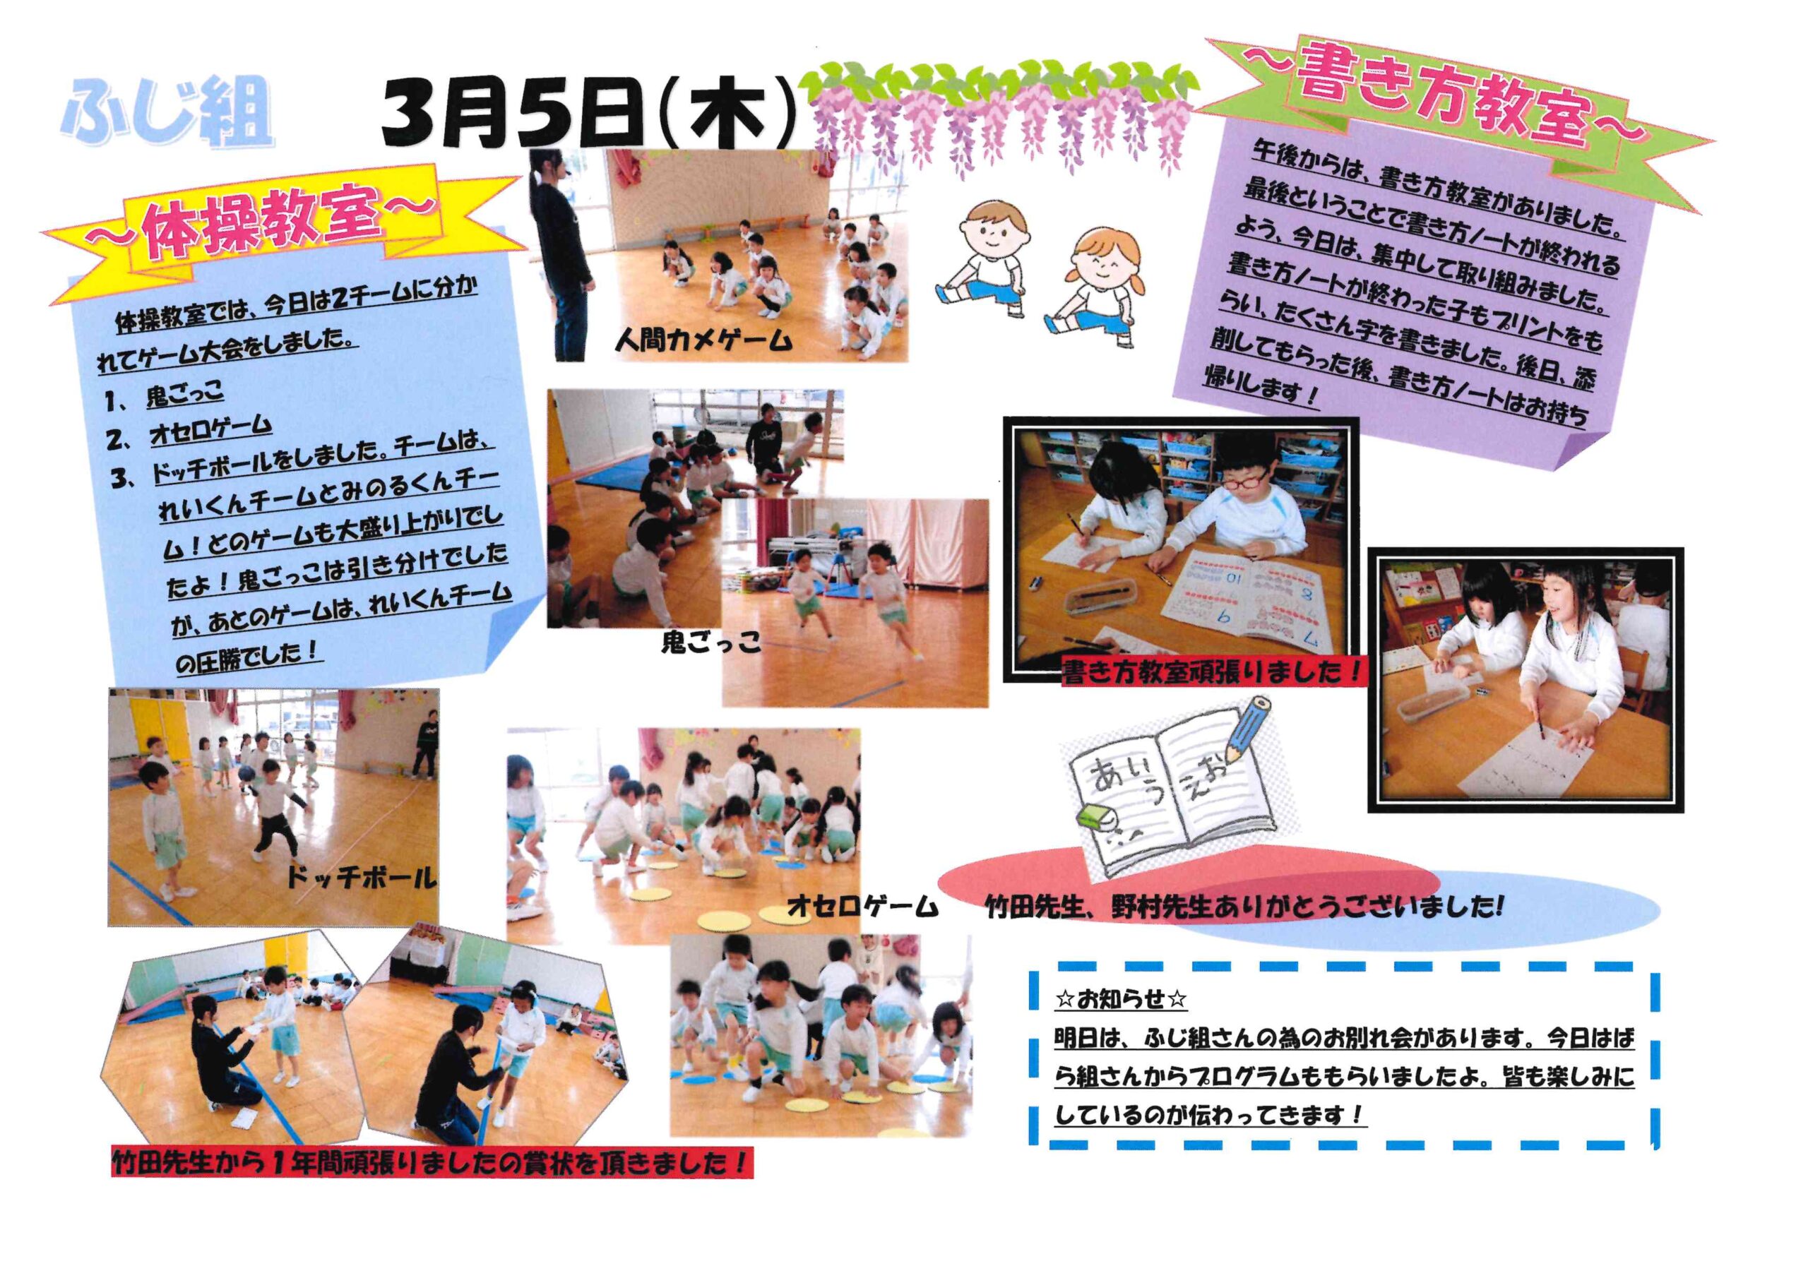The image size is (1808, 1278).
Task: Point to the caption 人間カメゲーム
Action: click(x=703, y=340)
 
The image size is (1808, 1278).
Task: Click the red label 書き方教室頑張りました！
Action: click(x=1212, y=672)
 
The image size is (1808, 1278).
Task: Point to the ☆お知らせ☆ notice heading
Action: click(x=1121, y=1000)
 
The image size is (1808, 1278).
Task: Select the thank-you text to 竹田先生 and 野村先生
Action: click(x=1244, y=908)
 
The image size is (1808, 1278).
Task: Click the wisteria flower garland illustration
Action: click(x=999, y=114)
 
